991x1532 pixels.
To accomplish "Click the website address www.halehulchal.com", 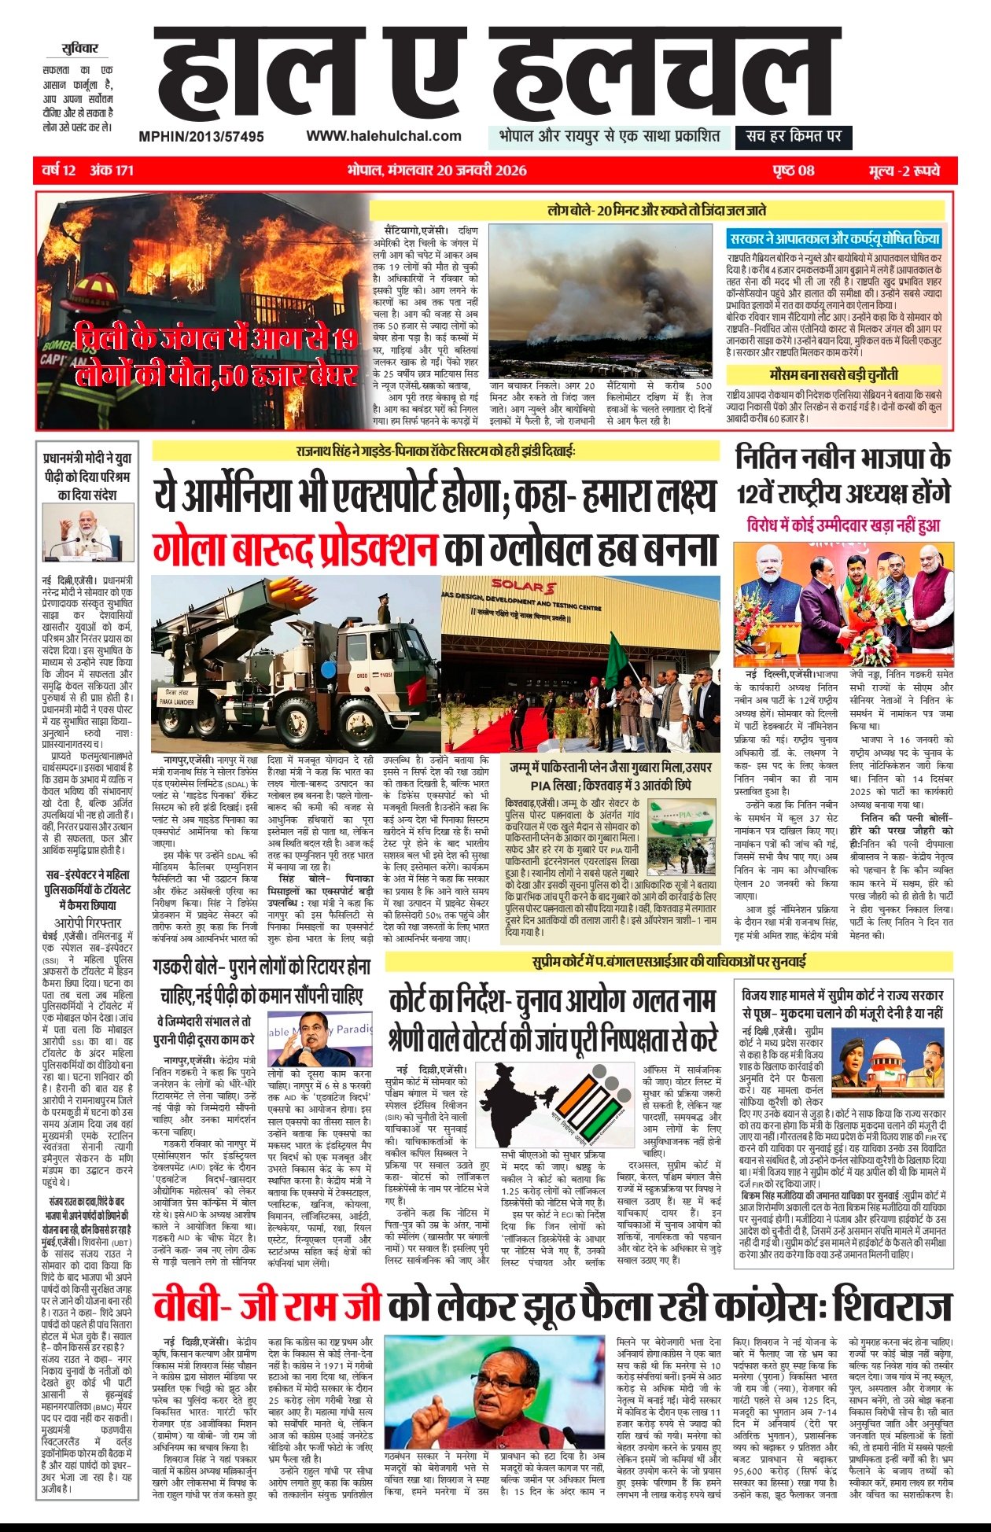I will click(383, 136).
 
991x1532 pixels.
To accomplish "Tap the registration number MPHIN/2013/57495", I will click(201, 137).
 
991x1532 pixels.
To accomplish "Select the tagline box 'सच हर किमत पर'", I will click(794, 136).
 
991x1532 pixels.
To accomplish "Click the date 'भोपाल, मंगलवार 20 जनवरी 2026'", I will click(437, 171).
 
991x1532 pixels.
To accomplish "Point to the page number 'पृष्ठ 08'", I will click(793, 171).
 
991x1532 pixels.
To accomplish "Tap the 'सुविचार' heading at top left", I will click(79, 49).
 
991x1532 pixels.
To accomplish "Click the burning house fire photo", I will click(202, 311).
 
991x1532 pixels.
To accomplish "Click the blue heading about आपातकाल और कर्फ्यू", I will click(834, 238).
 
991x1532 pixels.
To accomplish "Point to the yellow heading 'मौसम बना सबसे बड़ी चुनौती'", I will click(834, 374).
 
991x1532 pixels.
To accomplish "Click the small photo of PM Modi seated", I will click(87, 532).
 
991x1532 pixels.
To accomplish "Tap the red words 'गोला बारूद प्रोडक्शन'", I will click(295, 550).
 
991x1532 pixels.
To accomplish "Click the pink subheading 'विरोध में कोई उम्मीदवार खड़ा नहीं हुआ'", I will click(843, 525).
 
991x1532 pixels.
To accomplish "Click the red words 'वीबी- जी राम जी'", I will click(267, 1308).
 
